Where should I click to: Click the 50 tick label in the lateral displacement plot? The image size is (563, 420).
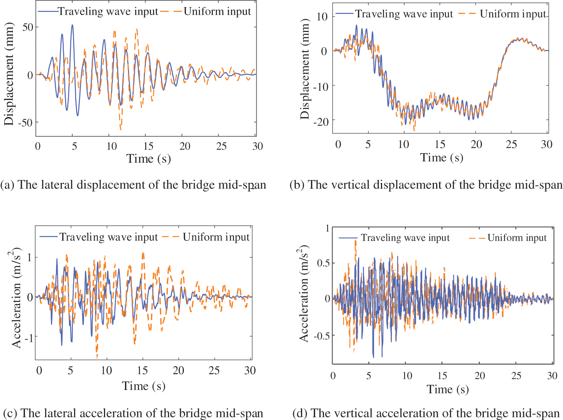pyautogui.click(x=28, y=27)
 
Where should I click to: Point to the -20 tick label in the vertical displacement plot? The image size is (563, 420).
pyautogui.click(x=320, y=121)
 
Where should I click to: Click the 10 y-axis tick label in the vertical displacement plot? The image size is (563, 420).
pyautogui.click(x=322, y=17)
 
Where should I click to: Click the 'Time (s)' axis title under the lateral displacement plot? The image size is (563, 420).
pyautogui.click(x=149, y=159)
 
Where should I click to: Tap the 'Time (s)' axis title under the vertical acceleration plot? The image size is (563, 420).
pyautogui.click(x=448, y=389)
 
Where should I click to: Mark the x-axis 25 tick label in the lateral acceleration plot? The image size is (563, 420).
pyautogui.click(x=214, y=371)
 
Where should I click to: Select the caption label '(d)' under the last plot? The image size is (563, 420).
pyautogui.click(x=300, y=413)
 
